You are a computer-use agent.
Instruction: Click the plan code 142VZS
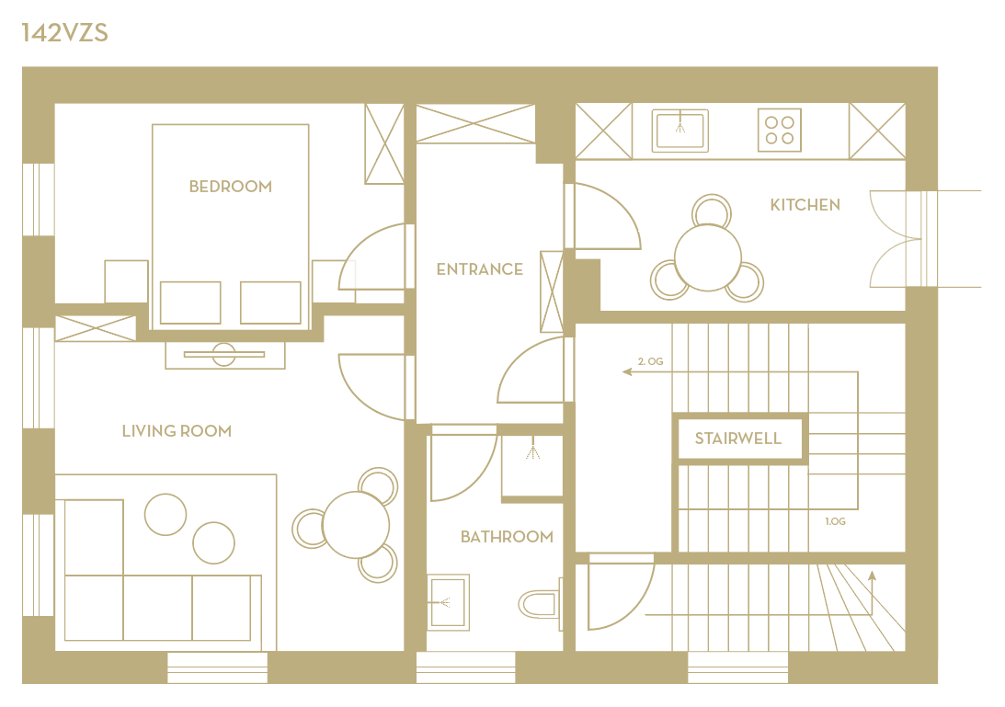pos(64,33)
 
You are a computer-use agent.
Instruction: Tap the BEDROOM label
pos(231,187)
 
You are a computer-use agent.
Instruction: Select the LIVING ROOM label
pos(177,431)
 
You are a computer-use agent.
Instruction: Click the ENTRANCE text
pos(479,269)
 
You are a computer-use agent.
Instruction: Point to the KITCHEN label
pos(805,205)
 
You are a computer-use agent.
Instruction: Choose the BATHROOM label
pos(507,537)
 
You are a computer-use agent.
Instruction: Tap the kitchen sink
pos(680,131)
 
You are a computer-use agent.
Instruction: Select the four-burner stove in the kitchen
pos(780,131)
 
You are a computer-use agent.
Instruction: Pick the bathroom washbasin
pos(448,602)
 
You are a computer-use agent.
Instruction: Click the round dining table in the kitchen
pos(708,257)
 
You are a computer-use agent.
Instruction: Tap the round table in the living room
pos(356,525)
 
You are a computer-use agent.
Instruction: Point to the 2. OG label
pos(651,361)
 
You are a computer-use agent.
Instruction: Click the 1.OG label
pos(835,522)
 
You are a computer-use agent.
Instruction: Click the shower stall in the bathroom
pos(532,466)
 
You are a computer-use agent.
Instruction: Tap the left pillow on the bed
pos(190,302)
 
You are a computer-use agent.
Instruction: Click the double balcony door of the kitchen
pos(895,239)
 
